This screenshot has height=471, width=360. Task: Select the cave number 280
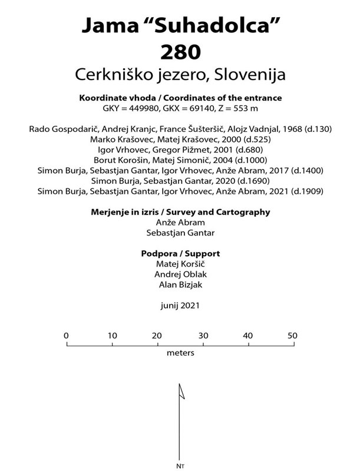pos(180,52)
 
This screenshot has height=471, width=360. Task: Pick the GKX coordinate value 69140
pos(200,108)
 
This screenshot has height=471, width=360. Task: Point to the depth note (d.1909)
pos(309,191)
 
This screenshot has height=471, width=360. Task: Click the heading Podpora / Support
pos(180,254)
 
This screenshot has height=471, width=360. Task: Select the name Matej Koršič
pos(180,264)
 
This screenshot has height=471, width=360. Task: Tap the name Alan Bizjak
pos(180,285)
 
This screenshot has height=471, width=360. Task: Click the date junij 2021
pos(180,306)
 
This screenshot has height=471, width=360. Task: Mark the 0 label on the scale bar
pos(66,335)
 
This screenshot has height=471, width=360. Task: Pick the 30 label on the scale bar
pos(203,335)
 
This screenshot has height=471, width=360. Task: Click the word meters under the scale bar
pos(180,353)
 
